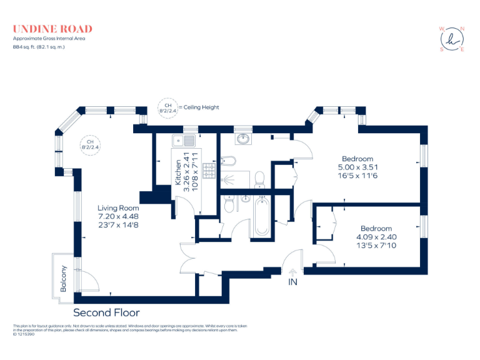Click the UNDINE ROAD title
tap(52, 29)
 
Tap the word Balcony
tap(63, 279)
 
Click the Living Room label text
tap(118, 208)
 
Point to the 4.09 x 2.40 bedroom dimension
tap(376, 237)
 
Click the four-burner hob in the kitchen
tap(207, 171)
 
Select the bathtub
tap(262, 216)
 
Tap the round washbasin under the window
tap(242, 139)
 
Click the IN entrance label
tap(292, 283)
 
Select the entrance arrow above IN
tap(292, 272)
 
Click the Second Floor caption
tap(106, 312)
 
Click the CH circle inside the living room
tap(90, 144)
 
